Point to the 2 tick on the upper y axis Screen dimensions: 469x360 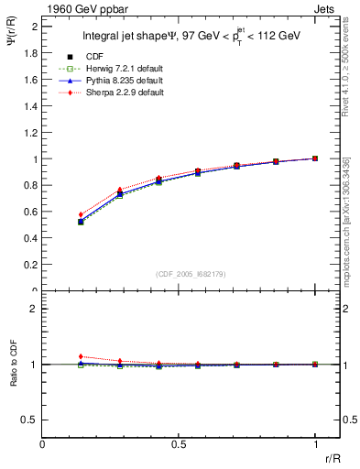click(x=34, y=27)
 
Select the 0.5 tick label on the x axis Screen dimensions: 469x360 click(x=179, y=443)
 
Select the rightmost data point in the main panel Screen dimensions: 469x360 click(x=315, y=158)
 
